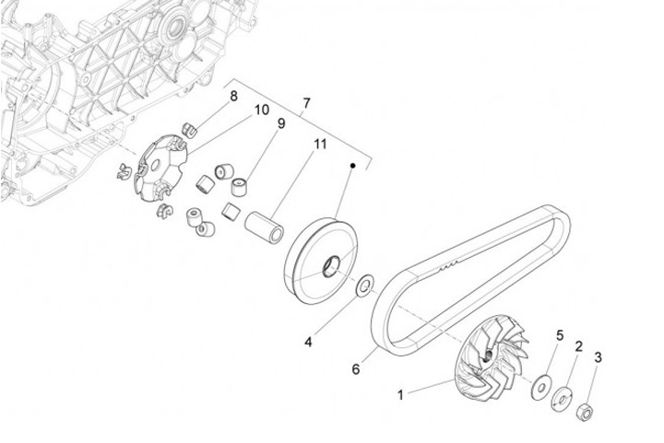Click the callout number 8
(233, 96)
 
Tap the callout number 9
(280, 122)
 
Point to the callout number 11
(320, 145)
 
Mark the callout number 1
(400, 394)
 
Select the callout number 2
(578, 346)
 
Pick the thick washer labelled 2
(560, 401)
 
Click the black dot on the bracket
(352, 165)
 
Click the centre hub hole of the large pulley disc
(330, 267)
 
